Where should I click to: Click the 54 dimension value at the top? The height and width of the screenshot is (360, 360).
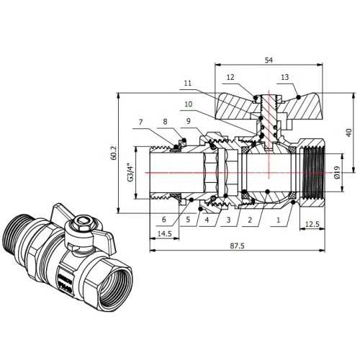(x=269, y=60)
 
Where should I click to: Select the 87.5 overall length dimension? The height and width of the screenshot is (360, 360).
(x=237, y=246)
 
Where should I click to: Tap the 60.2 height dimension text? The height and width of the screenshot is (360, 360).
(x=114, y=153)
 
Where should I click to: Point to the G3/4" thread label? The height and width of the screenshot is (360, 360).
(x=130, y=173)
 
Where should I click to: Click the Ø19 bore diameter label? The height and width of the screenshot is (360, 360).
(x=337, y=172)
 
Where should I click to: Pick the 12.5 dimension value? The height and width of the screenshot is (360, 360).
(x=312, y=224)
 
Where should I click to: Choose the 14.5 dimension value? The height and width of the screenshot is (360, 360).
(x=165, y=233)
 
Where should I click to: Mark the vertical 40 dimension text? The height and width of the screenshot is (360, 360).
(x=349, y=132)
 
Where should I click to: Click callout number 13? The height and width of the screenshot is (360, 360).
(x=285, y=77)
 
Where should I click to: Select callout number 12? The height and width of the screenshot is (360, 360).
(x=230, y=77)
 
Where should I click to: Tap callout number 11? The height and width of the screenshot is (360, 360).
(x=188, y=83)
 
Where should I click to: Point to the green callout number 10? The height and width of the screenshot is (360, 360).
(x=189, y=104)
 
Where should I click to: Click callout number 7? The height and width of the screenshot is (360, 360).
(x=140, y=122)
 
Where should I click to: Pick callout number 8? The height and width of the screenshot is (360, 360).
(x=165, y=122)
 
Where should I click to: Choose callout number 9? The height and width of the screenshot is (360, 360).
(x=189, y=121)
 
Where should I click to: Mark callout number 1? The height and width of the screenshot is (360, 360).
(x=279, y=220)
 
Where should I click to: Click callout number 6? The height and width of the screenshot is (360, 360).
(x=164, y=220)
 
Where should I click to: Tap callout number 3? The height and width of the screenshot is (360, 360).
(x=228, y=220)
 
